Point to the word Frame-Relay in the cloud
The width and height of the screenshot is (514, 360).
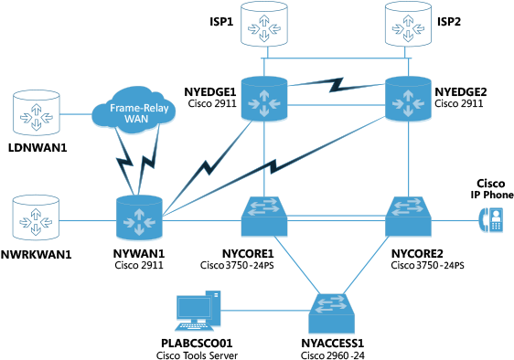pyautogui.click(x=134, y=106)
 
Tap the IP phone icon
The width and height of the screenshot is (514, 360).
pyautogui.click(x=492, y=220)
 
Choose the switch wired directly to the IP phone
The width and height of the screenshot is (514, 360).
pyautogui.click(x=408, y=218)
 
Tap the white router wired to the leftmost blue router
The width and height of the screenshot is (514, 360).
pyautogui.click(x=37, y=218)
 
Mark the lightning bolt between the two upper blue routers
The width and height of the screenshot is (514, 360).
pyautogui.click(x=336, y=85)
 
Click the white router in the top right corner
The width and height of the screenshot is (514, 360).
pyautogui.click(x=408, y=25)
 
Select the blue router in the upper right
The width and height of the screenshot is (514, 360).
pyautogui.click(x=408, y=100)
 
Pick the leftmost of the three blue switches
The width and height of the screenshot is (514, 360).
pyautogui.click(x=264, y=218)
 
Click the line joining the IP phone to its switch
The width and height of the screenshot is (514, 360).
pyautogui.click(x=455, y=220)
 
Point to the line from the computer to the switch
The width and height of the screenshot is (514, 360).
pyautogui.click(x=265, y=311)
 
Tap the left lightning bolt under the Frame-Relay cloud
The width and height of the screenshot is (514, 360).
pyautogui.click(x=124, y=170)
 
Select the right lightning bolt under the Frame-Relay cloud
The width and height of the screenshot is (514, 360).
pyautogui.click(x=151, y=164)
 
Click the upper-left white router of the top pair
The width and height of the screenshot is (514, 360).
pyautogui.click(x=264, y=25)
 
